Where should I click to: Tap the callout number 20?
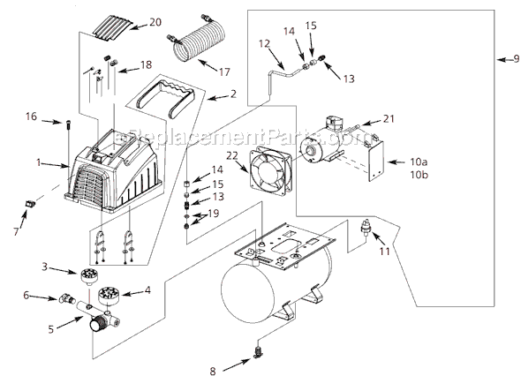[155, 22]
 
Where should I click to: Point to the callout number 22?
[232, 155]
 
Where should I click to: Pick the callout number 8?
[213, 371]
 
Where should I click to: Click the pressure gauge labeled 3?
[88, 276]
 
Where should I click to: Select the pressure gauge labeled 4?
[109, 294]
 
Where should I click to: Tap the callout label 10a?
[419, 162]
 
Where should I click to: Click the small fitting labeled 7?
[29, 203]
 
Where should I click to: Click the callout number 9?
[516, 58]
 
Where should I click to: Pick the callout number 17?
[224, 71]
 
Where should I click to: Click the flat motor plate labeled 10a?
[376, 161]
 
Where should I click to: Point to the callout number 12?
[265, 43]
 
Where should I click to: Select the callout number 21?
[389, 118]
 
